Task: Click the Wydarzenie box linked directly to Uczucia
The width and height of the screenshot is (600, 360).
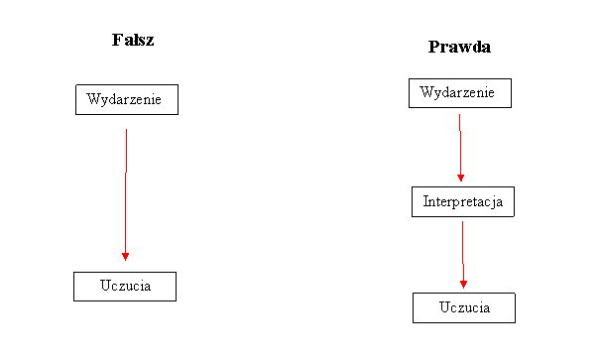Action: pos(127,100)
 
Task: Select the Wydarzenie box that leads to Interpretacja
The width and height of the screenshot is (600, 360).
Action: pos(459,93)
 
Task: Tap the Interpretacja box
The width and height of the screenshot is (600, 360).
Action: pos(463,202)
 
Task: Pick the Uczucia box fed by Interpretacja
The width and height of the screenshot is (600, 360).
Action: pos(464,308)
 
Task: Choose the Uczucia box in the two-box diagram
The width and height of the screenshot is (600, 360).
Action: pos(125,287)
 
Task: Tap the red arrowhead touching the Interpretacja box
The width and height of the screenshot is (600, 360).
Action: pos(460,178)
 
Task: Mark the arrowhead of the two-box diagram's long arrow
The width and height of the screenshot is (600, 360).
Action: pos(125,255)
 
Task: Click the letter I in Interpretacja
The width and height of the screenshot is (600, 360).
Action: pos(425,202)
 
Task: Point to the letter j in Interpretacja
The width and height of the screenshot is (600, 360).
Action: pos(495,203)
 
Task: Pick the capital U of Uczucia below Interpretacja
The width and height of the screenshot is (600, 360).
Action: pos(444,308)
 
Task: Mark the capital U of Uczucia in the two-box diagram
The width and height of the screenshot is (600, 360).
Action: pos(105,287)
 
